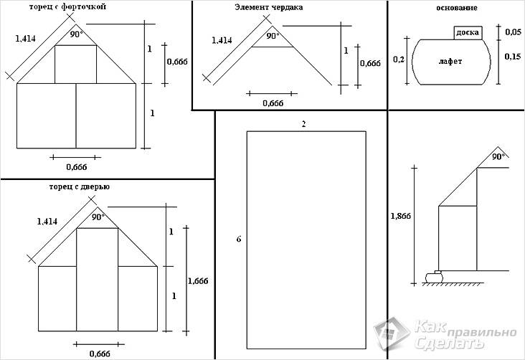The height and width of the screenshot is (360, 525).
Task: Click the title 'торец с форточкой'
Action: point(67,7)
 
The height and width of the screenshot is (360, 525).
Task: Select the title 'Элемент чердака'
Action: point(268,7)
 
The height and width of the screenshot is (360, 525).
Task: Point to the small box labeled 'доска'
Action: point(467,33)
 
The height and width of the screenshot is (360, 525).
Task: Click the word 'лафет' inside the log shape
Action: point(450,62)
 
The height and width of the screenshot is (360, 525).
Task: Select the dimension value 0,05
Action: point(513,33)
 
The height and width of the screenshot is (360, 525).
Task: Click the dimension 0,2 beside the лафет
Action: point(399,60)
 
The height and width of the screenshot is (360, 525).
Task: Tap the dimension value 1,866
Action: point(400,215)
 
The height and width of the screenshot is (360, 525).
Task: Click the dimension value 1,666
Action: point(197,281)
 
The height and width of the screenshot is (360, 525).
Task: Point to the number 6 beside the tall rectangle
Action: point(238,238)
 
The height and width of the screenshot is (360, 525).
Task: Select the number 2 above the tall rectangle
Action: point(304,124)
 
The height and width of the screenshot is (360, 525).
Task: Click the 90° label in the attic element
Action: point(273,35)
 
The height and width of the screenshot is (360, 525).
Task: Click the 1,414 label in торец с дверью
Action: point(47,222)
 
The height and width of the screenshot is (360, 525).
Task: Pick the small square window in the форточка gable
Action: point(75,64)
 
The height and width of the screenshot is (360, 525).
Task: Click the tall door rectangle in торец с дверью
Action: point(97,280)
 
